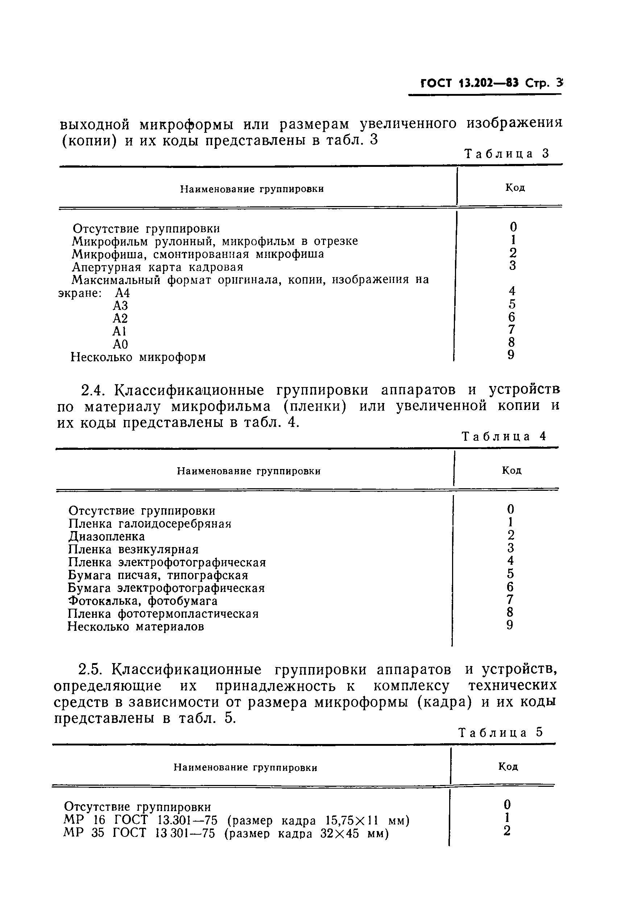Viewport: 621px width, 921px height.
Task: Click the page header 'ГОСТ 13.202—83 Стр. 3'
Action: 491,84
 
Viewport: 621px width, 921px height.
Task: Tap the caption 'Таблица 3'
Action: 507,154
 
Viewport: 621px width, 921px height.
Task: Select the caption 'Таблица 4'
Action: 504,436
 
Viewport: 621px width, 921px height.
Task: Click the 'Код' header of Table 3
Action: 515,188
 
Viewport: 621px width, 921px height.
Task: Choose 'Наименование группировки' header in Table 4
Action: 248,471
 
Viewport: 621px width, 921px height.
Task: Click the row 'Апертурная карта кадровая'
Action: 158,267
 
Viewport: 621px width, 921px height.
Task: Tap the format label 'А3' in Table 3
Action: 120,305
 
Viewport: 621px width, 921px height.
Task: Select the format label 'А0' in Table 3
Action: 120,344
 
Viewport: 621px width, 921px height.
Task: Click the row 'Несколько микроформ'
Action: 138,357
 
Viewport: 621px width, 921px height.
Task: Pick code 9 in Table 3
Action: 511,355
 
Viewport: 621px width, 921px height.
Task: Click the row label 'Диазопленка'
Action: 107,536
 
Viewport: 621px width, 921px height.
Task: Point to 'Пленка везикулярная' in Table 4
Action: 133,550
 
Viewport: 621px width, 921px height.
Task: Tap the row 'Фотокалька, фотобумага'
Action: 142,601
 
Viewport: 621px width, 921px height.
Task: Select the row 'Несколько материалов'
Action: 136,627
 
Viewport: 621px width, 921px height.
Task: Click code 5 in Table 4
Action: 510,573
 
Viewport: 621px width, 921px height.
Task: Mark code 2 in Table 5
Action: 507,830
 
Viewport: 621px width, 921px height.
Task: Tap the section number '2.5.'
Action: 91,670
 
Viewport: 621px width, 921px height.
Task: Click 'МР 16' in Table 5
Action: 84,820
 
